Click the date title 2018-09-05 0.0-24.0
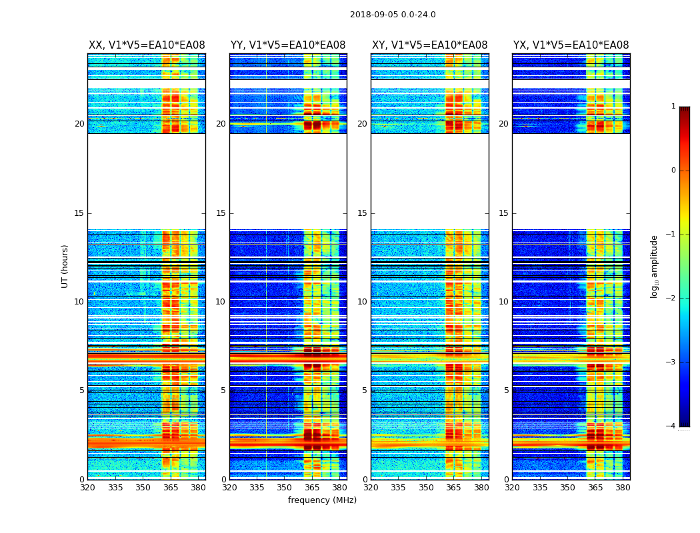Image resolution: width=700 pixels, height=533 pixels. point(393,15)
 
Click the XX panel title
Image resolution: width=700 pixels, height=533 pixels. point(147,45)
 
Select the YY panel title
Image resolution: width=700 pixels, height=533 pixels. point(288,45)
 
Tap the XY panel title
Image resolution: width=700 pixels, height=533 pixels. point(429,45)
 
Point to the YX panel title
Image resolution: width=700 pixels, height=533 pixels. point(571,45)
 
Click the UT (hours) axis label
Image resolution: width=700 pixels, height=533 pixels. point(65,266)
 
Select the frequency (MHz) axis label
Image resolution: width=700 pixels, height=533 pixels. point(322,500)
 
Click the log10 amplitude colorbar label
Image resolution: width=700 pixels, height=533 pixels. point(655,266)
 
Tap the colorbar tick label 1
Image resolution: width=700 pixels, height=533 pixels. point(673,107)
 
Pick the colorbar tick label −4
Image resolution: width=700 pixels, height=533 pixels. point(671,426)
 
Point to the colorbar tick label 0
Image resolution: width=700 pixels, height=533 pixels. point(673,171)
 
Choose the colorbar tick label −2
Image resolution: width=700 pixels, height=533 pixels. point(671,298)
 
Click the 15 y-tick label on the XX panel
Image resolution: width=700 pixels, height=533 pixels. point(79,213)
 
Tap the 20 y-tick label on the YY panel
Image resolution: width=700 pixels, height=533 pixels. point(221,124)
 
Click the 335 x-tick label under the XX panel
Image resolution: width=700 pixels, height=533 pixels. point(115,488)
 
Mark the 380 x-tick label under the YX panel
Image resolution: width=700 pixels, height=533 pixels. point(623,488)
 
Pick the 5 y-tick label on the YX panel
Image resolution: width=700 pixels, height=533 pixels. point(506,390)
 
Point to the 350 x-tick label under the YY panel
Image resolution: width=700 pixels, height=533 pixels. point(285,488)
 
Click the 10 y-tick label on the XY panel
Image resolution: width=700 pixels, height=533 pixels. point(362,302)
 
